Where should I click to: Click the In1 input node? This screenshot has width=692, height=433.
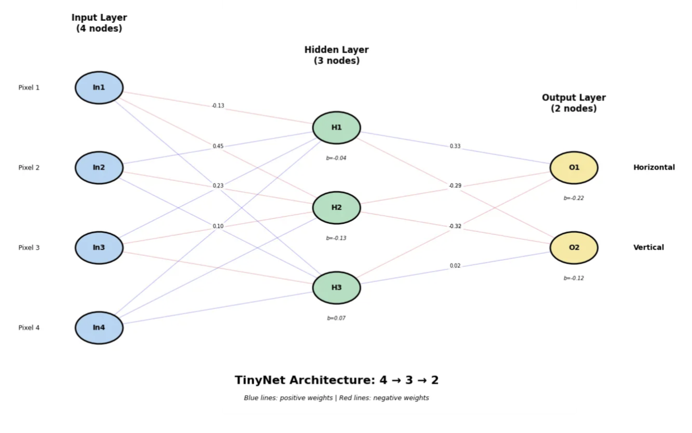click(99, 88)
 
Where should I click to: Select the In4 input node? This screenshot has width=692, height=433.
click(99, 328)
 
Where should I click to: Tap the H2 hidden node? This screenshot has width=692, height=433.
click(337, 207)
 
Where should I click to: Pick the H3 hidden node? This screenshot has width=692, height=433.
click(337, 288)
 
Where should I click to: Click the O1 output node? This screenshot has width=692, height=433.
click(574, 168)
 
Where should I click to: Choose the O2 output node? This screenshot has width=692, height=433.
click(574, 248)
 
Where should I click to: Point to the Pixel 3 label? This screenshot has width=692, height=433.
click(29, 248)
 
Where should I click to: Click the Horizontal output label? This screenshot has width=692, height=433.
click(654, 168)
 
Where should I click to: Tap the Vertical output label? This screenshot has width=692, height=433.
click(649, 248)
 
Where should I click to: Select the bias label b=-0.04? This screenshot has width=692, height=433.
click(336, 158)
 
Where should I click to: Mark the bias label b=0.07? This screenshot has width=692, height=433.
click(336, 318)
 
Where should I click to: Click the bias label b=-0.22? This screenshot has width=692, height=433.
click(574, 198)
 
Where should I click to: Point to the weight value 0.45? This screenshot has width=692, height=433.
click(218, 146)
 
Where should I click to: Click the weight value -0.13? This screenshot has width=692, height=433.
click(218, 106)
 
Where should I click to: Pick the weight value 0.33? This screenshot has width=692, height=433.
click(455, 146)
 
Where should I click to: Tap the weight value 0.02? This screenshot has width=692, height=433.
click(455, 266)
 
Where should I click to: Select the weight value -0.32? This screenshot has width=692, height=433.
click(455, 226)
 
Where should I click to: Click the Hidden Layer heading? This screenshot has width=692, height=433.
click(337, 55)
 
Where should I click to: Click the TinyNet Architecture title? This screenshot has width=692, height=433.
click(337, 380)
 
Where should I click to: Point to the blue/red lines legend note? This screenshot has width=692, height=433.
click(337, 398)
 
